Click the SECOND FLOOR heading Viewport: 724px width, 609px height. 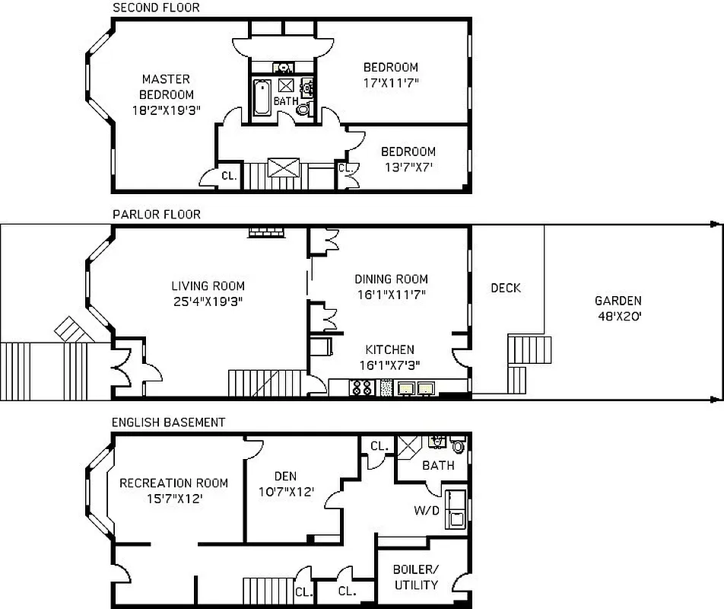156,8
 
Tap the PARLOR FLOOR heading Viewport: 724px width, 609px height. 156,215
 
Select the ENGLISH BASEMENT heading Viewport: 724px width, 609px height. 168,422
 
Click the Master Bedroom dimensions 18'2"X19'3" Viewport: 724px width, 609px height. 165,110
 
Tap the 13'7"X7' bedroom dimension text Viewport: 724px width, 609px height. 408,167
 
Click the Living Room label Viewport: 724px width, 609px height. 208,286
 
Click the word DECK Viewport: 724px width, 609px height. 506,288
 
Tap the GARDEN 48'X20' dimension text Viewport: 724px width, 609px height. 618,315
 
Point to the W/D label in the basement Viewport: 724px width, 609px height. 427,510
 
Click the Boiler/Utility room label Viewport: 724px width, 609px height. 416,577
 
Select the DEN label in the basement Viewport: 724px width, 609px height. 285,477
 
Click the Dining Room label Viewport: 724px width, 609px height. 391,279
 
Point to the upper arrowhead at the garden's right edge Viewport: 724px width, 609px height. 715,225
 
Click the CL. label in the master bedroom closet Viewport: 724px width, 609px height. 229,176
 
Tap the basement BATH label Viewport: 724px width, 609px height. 438,465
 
